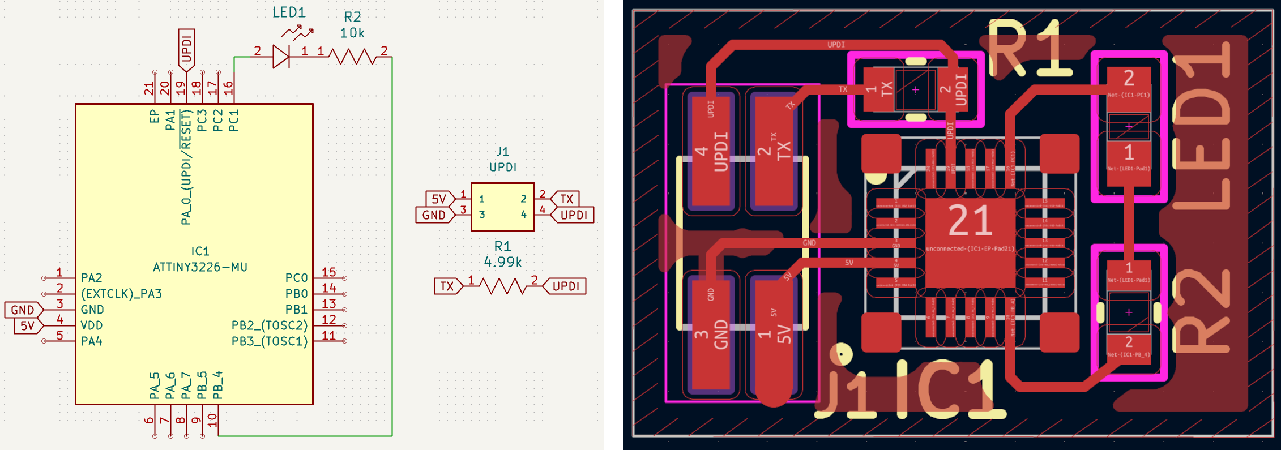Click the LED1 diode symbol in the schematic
(x=281, y=57)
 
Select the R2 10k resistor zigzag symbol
(x=352, y=57)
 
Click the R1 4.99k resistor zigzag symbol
(x=503, y=286)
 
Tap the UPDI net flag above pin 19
(x=186, y=49)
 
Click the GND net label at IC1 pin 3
(x=23, y=310)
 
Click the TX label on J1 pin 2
(x=566, y=199)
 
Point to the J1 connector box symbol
(x=502, y=207)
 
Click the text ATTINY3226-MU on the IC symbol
(x=200, y=267)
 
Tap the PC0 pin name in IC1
(x=296, y=278)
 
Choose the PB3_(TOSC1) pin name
(x=270, y=341)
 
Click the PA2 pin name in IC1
(x=92, y=278)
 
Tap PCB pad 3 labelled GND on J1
(x=711, y=334)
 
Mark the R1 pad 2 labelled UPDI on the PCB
(x=953, y=89)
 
